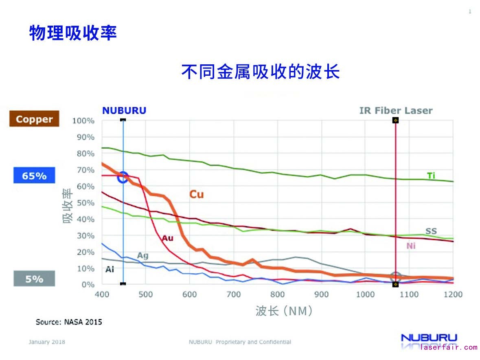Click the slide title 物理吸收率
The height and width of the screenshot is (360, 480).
pos(73,33)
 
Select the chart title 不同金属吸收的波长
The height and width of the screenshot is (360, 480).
pos(261,72)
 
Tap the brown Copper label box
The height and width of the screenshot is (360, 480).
pos(34,119)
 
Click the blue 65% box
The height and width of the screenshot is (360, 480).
pos(34,176)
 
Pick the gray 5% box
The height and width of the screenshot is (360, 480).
pos(34,279)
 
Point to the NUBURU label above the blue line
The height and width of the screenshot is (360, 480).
pos(124,110)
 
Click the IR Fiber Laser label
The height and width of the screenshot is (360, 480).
pos(396,110)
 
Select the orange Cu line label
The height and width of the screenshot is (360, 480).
pos(196,195)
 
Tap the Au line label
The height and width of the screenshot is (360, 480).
pos(167,238)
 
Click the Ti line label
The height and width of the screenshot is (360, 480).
pos(431,176)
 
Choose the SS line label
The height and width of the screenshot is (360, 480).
pos(431,231)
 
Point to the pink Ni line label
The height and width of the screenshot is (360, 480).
pos(411,246)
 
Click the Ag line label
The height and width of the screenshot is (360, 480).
pos(142,256)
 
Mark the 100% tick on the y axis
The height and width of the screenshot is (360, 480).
pos(83,121)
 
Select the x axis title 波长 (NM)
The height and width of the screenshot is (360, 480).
pos(285,312)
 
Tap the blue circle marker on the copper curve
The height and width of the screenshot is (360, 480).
pos(123,178)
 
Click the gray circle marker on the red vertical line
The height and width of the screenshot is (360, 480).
pos(395,277)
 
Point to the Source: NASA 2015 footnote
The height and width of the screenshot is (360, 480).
pos(69,322)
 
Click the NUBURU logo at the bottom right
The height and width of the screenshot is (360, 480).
pos(429,338)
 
